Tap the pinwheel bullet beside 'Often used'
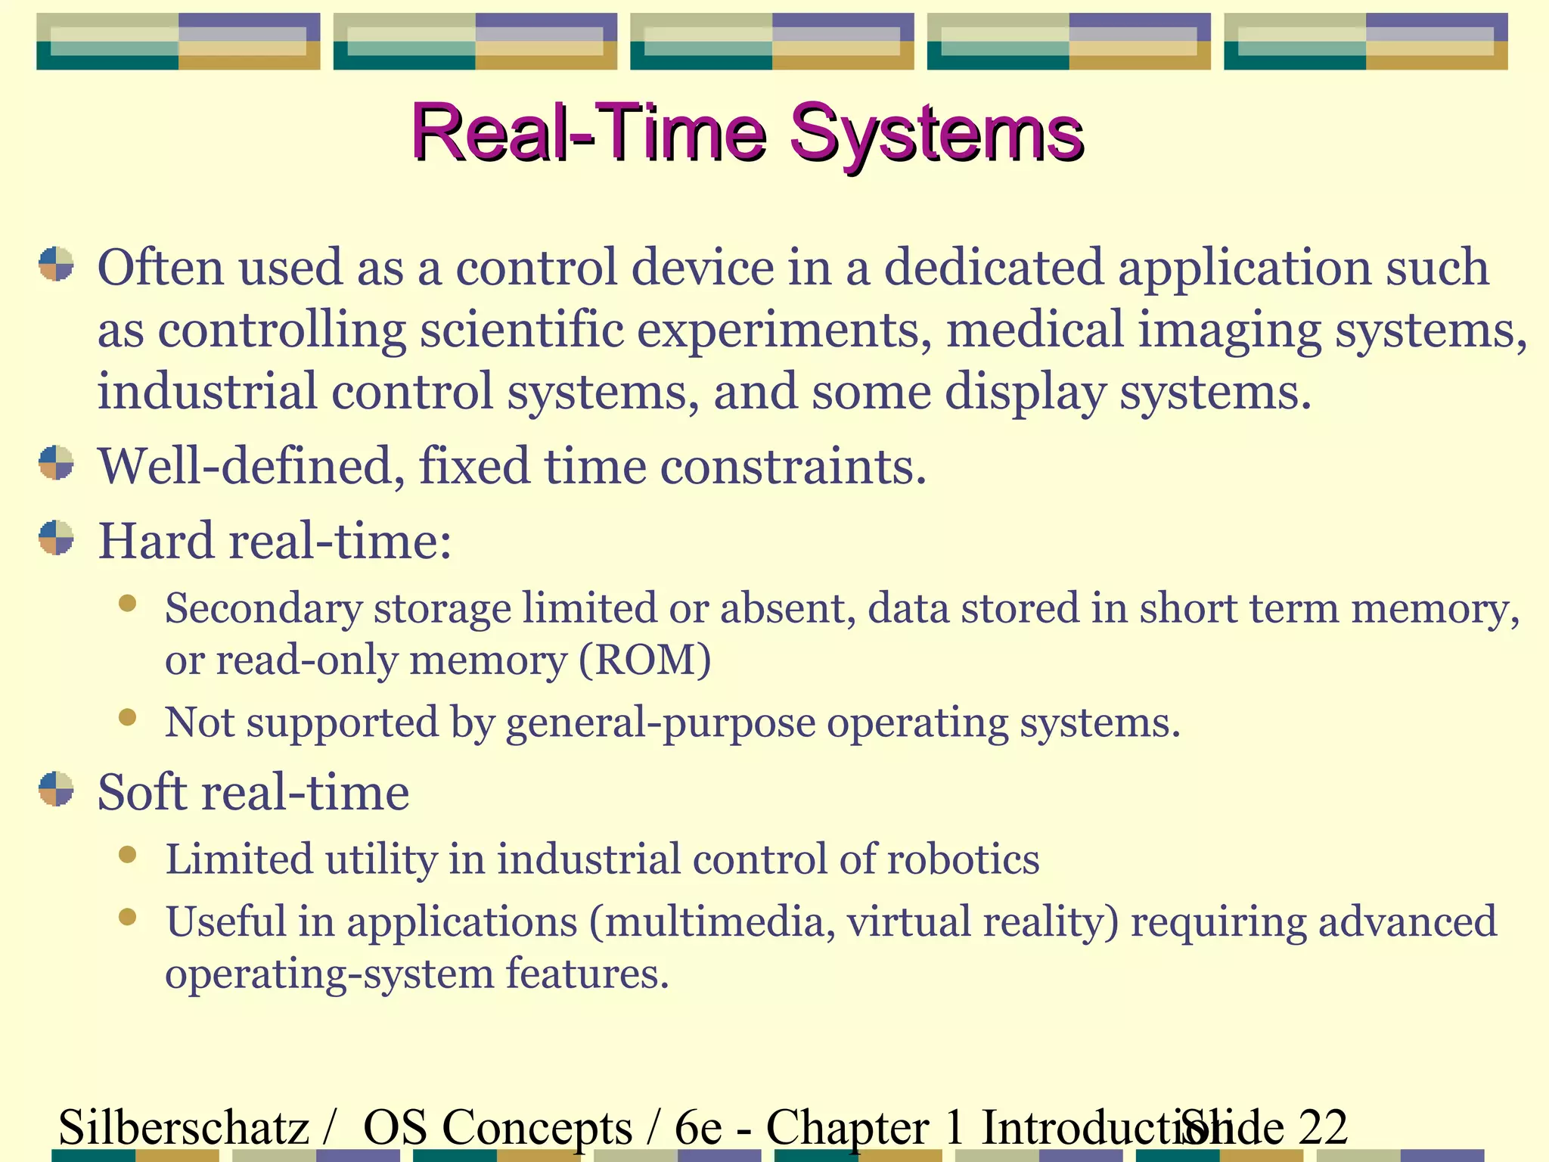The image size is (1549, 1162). pyautogui.click(x=57, y=264)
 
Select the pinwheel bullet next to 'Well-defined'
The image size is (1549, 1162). pyautogui.click(x=57, y=463)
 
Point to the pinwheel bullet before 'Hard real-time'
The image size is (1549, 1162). pyautogui.click(x=57, y=538)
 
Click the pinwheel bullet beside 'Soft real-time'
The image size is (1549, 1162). pyautogui.click(x=57, y=789)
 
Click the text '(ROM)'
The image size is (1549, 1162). pyautogui.click(x=645, y=660)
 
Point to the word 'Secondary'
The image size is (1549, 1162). pyautogui.click(x=263, y=609)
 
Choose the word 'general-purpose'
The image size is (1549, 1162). pyautogui.click(x=660, y=723)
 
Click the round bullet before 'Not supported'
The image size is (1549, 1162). pyautogui.click(x=127, y=716)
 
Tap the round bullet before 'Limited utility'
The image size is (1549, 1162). pyautogui.click(x=127, y=854)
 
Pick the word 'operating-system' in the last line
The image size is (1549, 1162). pyautogui.click(x=329, y=974)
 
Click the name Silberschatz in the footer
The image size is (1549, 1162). pyautogui.click(x=184, y=1127)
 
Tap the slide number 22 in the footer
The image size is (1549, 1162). pyautogui.click(x=1323, y=1127)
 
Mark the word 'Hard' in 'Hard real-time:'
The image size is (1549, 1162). pyautogui.click(x=156, y=542)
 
